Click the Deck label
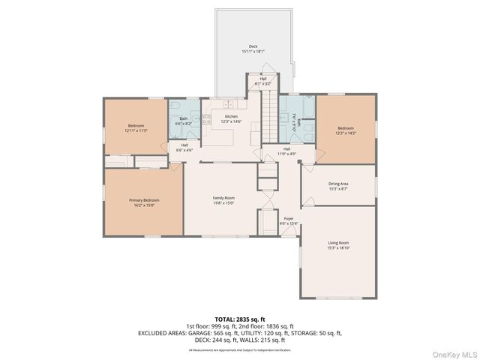(x=253, y=49)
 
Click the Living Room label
(x=338, y=245)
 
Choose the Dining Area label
(x=338, y=185)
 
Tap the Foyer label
(x=289, y=221)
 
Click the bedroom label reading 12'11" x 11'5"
(x=136, y=127)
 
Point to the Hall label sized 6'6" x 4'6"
(x=184, y=148)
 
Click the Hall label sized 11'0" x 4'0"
(x=287, y=151)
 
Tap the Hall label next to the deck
(x=263, y=81)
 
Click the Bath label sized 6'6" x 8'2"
(x=184, y=121)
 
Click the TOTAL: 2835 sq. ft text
(x=240, y=319)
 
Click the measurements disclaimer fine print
(x=240, y=350)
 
